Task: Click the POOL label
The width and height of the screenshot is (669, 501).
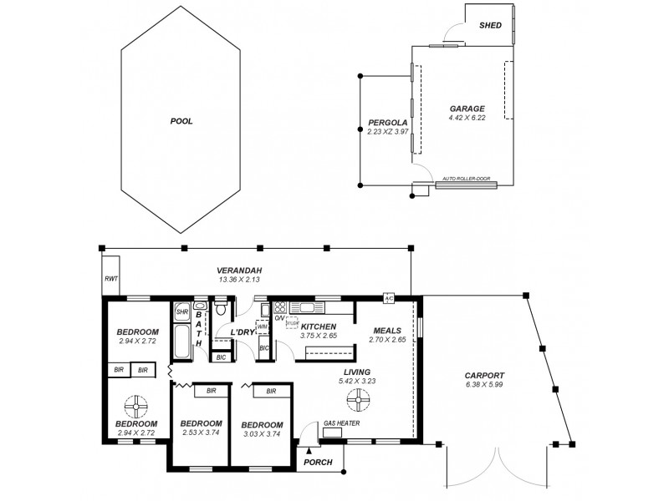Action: tap(181, 121)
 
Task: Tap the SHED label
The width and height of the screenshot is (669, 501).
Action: tap(490, 25)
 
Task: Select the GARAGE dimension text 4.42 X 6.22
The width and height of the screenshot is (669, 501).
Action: tap(467, 118)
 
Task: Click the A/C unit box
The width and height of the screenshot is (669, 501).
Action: tap(389, 298)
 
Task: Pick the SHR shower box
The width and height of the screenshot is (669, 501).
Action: tap(182, 312)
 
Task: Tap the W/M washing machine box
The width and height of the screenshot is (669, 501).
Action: tap(262, 326)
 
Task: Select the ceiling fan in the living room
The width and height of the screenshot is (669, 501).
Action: tap(359, 400)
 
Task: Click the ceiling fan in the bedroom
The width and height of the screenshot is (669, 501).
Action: tap(135, 407)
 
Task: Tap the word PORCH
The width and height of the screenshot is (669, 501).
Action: tap(318, 462)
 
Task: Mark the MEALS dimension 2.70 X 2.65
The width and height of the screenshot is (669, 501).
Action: tap(387, 340)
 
